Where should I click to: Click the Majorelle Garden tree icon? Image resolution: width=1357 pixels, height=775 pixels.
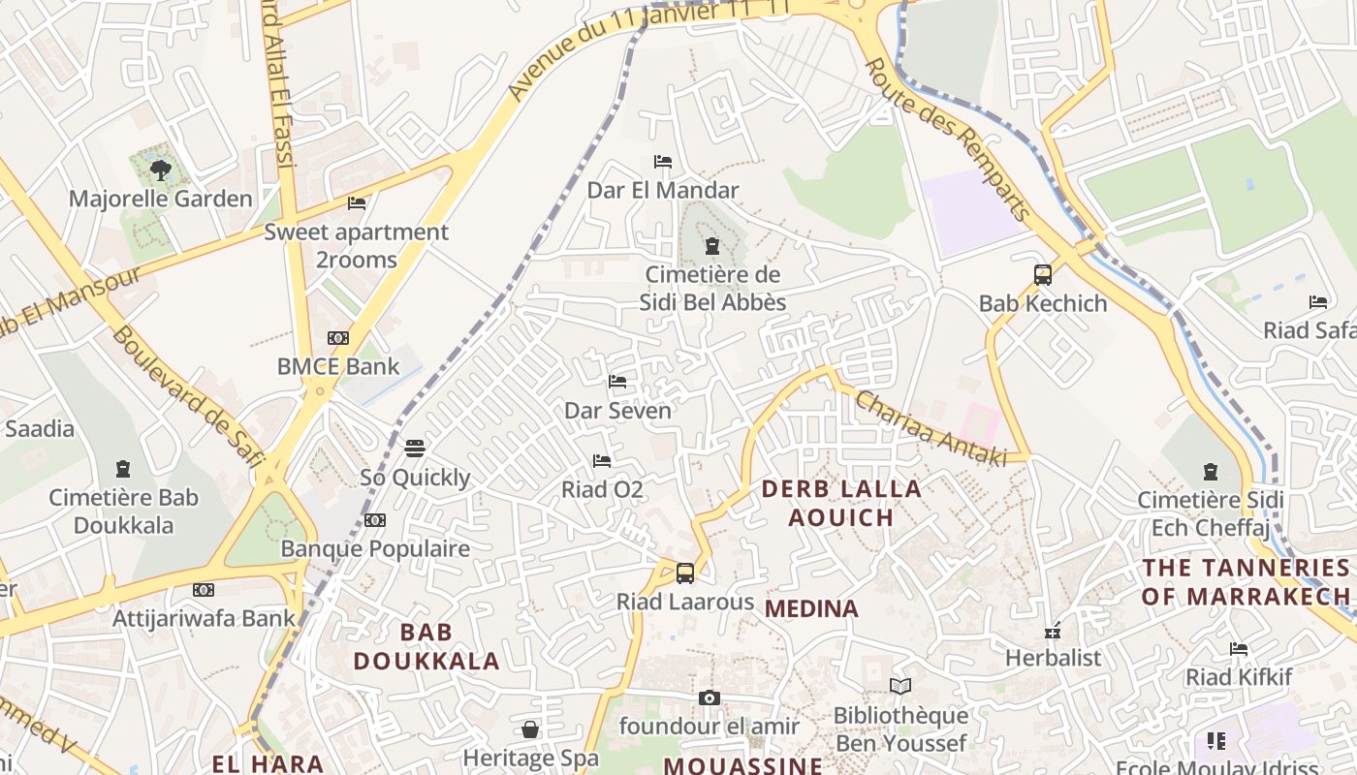pyautogui.click(x=160, y=170)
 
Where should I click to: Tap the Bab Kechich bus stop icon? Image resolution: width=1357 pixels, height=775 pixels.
pyautogui.click(x=1043, y=274)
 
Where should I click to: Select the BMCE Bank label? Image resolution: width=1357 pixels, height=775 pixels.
pyautogui.click(x=338, y=366)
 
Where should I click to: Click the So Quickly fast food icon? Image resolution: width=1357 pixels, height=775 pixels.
pyautogui.click(x=415, y=448)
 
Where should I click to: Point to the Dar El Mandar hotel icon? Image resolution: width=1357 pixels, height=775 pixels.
pyautogui.click(x=663, y=161)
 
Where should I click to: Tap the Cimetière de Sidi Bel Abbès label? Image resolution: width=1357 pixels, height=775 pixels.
pyautogui.click(x=712, y=288)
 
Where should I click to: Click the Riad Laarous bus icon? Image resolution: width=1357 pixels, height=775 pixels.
pyautogui.click(x=685, y=573)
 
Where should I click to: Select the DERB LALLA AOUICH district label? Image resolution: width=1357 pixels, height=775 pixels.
pyautogui.click(x=841, y=503)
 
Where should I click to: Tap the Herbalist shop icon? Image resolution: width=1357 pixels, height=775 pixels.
pyautogui.click(x=1053, y=632)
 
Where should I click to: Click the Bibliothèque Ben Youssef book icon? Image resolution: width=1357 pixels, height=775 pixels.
pyautogui.click(x=900, y=686)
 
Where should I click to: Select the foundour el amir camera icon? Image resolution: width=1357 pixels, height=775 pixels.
pyautogui.click(x=710, y=697)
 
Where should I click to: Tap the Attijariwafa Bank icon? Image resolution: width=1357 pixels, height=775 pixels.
pyautogui.click(x=203, y=589)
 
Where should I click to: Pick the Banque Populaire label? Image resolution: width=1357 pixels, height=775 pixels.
pyautogui.click(x=375, y=548)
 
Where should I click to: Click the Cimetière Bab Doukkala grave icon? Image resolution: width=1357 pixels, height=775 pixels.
pyautogui.click(x=123, y=469)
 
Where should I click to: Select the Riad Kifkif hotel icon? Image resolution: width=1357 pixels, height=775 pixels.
pyautogui.click(x=1239, y=648)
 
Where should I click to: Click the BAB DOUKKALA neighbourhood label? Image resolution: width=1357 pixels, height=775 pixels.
pyautogui.click(x=426, y=646)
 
